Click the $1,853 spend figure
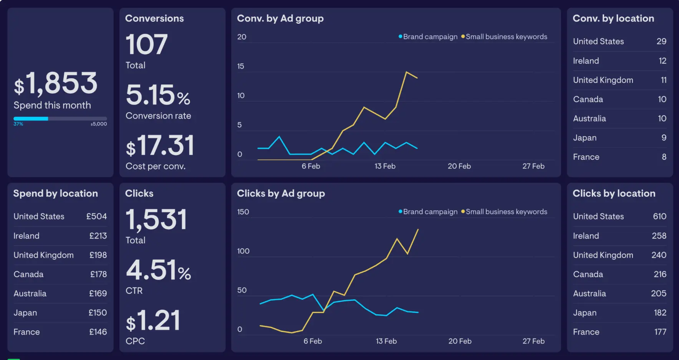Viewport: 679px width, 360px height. tap(56, 84)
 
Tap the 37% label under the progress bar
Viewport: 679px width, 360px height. tap(18, 124)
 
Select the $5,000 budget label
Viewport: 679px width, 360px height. tap(99, 124)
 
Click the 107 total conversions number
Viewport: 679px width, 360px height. tap(146, 45)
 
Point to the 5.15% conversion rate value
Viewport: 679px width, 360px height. tap(158, 95)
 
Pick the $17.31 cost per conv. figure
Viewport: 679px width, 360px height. tap(160, 146)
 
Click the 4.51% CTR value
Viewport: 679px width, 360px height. tap(158, 270)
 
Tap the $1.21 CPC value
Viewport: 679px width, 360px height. tap(153, 321)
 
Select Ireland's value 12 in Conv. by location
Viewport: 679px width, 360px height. tap(662, 61)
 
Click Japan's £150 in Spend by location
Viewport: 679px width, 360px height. tap(98, 313)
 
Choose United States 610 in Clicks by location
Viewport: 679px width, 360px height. tap(659, 216)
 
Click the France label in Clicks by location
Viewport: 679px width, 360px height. tap(586, 332)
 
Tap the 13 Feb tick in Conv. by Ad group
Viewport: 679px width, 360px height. tap(385, 166)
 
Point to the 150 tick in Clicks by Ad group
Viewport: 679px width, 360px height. tap(243, 212)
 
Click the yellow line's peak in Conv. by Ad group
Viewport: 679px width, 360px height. tap(406, 72)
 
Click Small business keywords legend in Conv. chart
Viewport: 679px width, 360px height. tap(506, 37)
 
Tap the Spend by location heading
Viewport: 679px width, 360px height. tap(56, 193)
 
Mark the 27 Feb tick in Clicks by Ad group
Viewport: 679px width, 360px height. tap(533, 341)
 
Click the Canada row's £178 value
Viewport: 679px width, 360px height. tap(98, 274)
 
